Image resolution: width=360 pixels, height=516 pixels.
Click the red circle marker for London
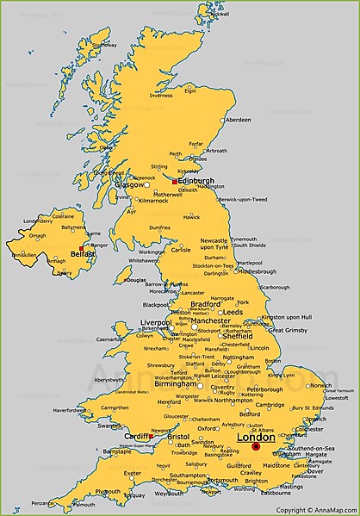[256, 447]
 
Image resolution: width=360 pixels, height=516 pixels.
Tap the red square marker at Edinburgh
[174, 183]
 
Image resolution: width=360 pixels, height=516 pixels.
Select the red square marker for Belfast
[82, 248]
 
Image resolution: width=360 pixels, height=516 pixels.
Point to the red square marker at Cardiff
[150, 437]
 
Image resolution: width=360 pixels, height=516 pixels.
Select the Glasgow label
[130, 184]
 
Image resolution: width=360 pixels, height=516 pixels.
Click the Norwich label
[320, 385]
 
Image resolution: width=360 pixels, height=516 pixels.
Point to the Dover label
[316, 471]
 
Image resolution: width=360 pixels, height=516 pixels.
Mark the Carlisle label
[180, 250]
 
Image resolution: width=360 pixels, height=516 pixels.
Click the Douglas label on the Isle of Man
[136, 279]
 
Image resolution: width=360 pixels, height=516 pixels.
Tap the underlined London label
[255, 438]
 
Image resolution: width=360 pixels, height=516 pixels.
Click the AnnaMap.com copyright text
[316, 509]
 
